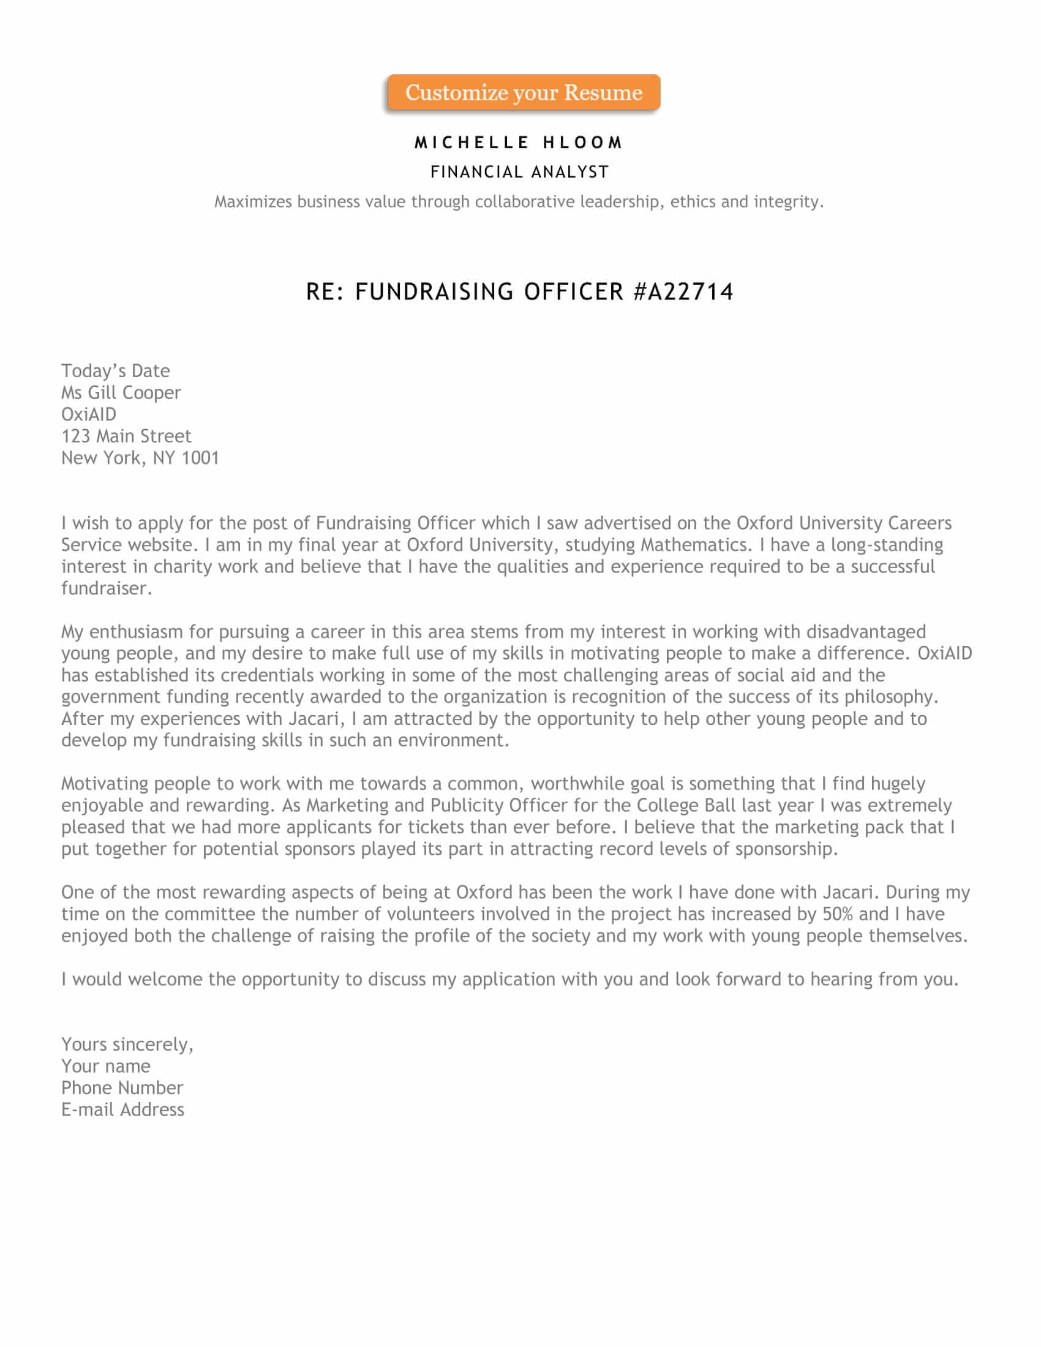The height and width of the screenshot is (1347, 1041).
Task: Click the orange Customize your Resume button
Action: pyautogui.click(x=524, y=92)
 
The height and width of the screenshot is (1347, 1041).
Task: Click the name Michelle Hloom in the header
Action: pyautogui.click(x=519, y=143)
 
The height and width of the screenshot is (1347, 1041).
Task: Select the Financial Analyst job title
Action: pyautogui.click(x=519, y=172)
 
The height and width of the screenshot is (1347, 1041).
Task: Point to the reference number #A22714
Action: pyautogui.click(x=683, y=291)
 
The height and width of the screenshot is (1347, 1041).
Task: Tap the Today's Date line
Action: pyautogui.click(x=115, y=370)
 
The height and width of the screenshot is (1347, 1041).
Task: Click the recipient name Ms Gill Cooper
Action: pyautogui.click(x=121, y=393)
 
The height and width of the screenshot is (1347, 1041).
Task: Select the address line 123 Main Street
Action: pyautogui.click(x=126, y=436)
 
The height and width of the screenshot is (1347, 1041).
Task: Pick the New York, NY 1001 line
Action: pyautogui.click(x=140, y=457)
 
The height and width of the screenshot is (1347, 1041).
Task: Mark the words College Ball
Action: pyautogui.click(x=686, y=806)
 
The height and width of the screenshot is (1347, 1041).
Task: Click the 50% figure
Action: pyautogui.click(x=838, y=914)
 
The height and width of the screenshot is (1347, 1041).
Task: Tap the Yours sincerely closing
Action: pyautogui.click(x=127, y=1044)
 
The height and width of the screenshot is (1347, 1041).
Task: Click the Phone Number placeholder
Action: pyautogui.click(x=122, y=1088)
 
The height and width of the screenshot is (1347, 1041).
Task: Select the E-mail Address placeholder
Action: pyautogui.click(x=122, y=1109)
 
